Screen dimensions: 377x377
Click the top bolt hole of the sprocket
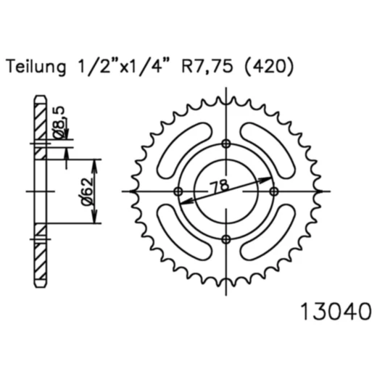(225, 142)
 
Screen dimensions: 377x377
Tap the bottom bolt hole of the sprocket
(225, 239)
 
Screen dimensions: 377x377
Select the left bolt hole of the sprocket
(178, 191)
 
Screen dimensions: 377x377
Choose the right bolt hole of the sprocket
(274, 191)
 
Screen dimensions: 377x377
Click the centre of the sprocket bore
(225, 191)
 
